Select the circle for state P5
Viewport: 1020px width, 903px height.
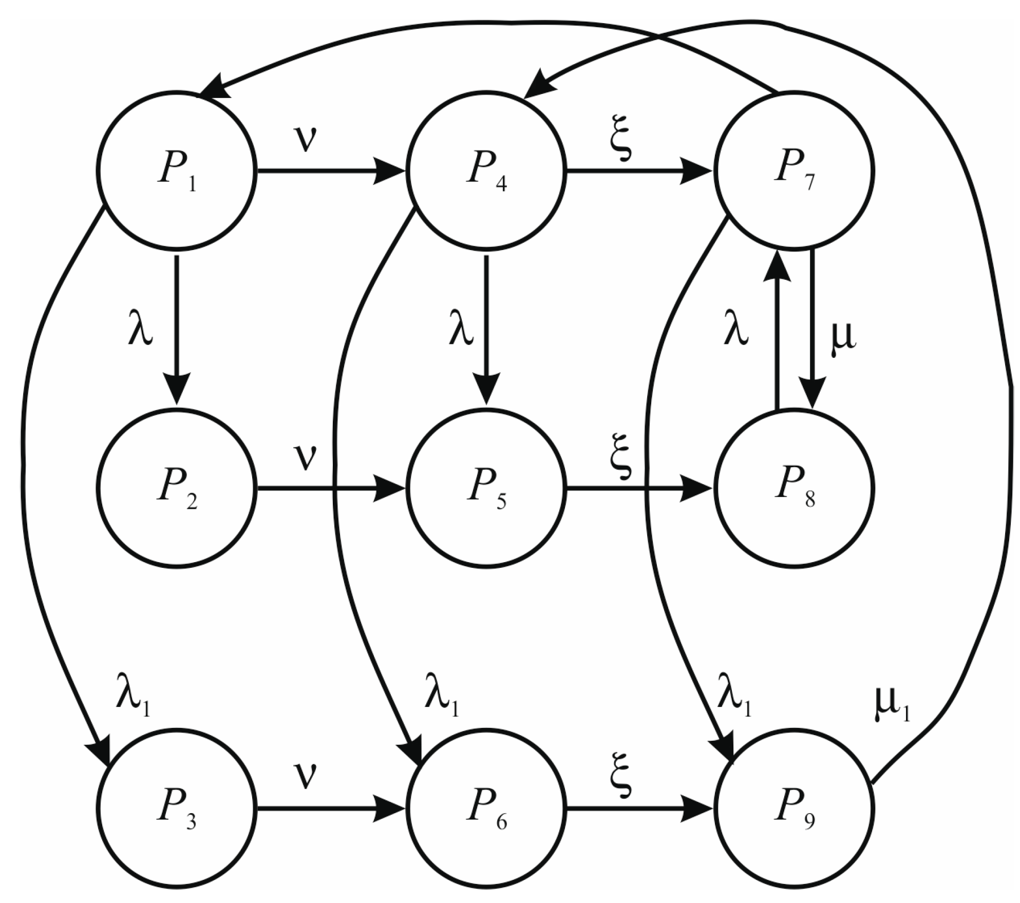486,488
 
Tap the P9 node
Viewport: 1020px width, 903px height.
795,808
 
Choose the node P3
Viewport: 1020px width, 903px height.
177,808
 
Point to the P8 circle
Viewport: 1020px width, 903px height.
795,488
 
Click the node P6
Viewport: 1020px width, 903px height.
486,808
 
